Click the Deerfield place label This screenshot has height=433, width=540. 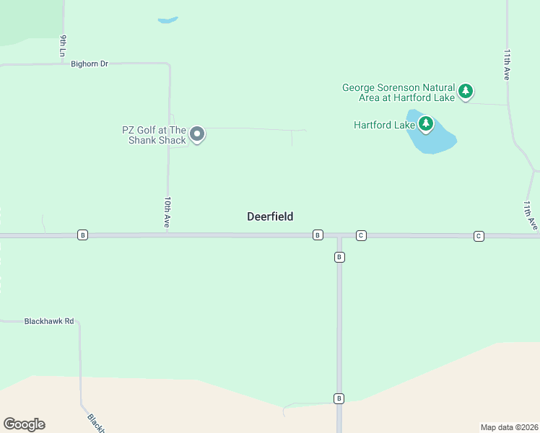click(270, 216)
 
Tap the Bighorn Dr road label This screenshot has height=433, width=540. click(90, 64)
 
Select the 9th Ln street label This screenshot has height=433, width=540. click(64, 45)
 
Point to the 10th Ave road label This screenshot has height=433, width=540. click(167, 213)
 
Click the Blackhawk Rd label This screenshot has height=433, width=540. click(49, 321)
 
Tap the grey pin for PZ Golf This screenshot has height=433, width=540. click(197, 134)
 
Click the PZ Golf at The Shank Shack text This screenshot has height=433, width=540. click(154, 135)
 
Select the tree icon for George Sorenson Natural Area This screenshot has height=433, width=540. click(466, 92)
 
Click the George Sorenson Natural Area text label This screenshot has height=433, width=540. click(399, 92)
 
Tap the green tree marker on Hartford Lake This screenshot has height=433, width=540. click(426, 125)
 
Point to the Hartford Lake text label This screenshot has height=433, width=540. click(384, 125)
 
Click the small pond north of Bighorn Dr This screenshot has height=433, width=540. click(167, 20)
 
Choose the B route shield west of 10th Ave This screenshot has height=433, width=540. click(82, 235)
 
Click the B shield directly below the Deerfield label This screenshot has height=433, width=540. click(317, 235)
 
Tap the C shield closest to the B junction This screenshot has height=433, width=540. click(361, 235)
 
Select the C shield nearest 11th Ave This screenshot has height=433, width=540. click(478, 236)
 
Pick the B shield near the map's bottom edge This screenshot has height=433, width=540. click(339, 398)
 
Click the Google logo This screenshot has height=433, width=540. click(24, 424)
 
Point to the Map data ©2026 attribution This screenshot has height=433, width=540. click(509, 427)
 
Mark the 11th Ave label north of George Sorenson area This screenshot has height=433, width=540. click(508, 64)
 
